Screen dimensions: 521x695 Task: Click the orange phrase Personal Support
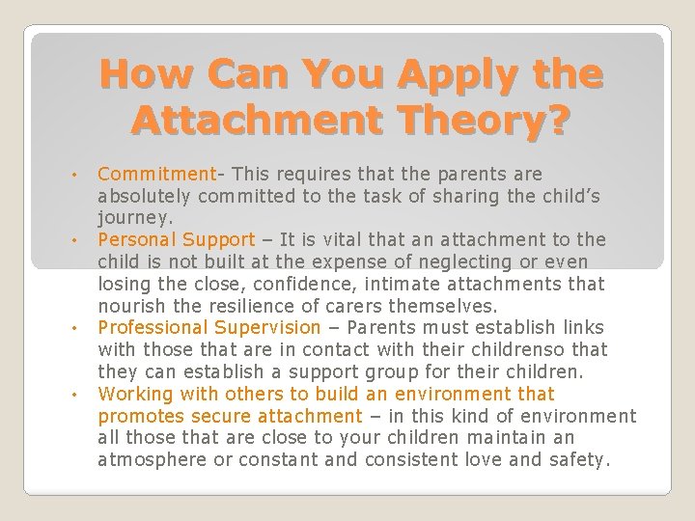177,239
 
